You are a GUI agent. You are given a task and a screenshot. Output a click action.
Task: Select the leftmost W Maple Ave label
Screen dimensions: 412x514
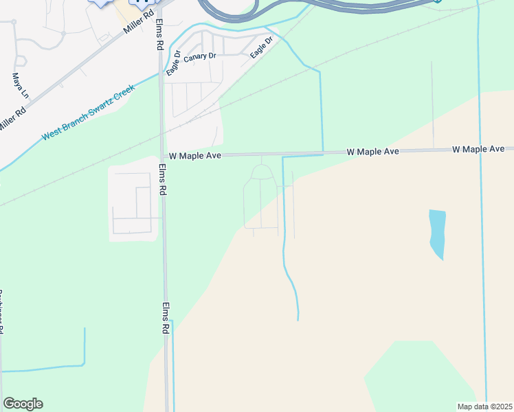coord(194,157)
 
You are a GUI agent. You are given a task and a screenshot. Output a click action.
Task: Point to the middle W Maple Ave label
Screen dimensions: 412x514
coord(373,150)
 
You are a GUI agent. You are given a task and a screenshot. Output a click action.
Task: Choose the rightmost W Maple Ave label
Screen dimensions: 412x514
coord(478,149)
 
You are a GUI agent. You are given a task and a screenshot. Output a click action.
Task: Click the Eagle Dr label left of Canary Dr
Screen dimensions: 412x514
coord(172,62)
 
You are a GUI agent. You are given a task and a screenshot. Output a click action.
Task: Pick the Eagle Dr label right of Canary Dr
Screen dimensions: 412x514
coord(262,47)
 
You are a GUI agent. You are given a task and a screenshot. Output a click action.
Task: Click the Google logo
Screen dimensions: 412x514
coord(23,404)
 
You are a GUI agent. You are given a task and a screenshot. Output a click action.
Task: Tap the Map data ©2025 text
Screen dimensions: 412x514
coord(484,406)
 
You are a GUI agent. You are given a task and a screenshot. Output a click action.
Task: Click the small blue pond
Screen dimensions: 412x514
coord(437,233)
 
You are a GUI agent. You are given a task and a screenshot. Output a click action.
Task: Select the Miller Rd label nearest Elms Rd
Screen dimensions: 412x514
coord(139,22)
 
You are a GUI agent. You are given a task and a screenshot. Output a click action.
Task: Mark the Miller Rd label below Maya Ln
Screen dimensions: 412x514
coord(13,118)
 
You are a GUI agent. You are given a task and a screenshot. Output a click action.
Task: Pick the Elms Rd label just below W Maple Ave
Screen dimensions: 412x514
coord(163,180)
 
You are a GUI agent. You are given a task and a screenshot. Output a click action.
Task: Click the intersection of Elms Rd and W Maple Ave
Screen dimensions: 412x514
coord(161,156)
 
